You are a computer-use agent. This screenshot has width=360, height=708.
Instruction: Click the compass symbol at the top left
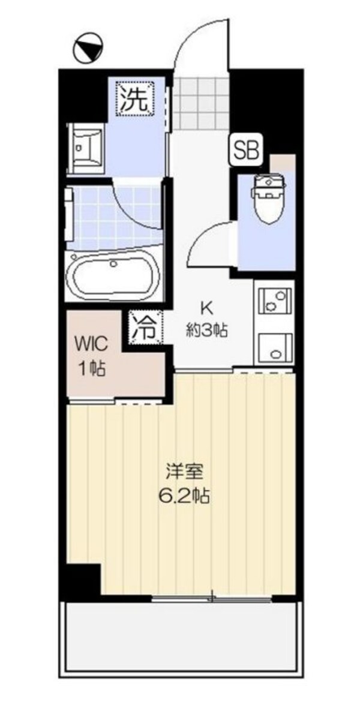[88, 47]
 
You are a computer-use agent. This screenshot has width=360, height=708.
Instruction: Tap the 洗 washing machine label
[135, 98]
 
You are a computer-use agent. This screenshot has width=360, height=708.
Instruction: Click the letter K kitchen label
[206, 308]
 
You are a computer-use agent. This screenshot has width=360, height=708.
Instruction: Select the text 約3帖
[207, 330]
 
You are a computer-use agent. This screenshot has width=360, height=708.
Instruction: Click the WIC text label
[91, 345]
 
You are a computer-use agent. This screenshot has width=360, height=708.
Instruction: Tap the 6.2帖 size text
[185, 496]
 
